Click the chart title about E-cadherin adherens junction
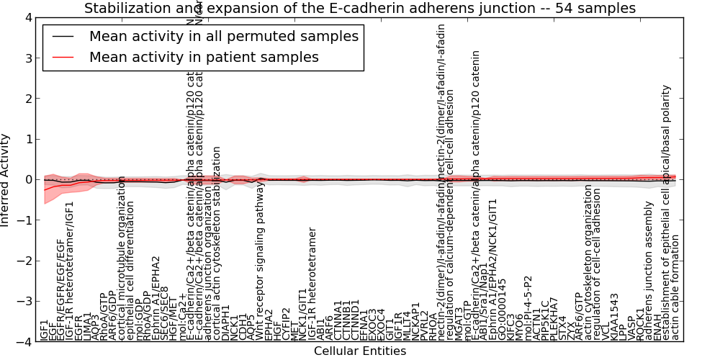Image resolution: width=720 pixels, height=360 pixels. tap(360, 9)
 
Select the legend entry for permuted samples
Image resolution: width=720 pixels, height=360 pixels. tap(223, 36)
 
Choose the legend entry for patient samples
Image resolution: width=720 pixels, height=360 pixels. tap(204, 57)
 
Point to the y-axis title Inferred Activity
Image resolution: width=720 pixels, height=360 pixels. tap(6, 180)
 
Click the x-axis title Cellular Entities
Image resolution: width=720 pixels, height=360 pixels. tap(360, 351)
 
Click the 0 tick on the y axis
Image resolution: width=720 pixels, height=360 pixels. tap(27, 180)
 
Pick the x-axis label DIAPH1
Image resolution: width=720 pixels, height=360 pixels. tap(225, 326)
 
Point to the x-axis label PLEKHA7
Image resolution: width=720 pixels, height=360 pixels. tap(554, 321)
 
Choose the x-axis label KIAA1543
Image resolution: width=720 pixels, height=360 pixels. tap(614, 317)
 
